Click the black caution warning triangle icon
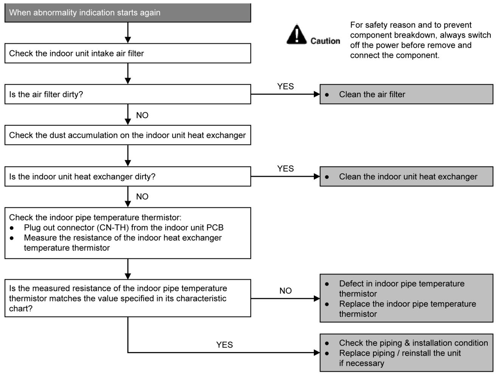point(297,34)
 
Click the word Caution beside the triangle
point(325,41)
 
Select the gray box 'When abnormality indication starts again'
point(128,12)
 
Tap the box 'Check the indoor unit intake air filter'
point(128,53)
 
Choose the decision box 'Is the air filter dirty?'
point(128,94)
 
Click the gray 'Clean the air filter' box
point(406,94)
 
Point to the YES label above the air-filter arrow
point(285,87)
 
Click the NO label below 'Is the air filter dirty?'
point(142,115)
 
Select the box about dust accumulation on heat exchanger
point(128,135)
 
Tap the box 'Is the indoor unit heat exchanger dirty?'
point(128,176)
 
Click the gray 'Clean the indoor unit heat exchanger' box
point(406,176)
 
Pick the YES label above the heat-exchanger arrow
point(285,168)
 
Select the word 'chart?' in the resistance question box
point(21,309)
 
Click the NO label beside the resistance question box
point(285,291)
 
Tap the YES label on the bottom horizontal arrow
point(225,345)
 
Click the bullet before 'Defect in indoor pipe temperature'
point(327,284)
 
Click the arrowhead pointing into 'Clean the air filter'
point(317,94)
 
